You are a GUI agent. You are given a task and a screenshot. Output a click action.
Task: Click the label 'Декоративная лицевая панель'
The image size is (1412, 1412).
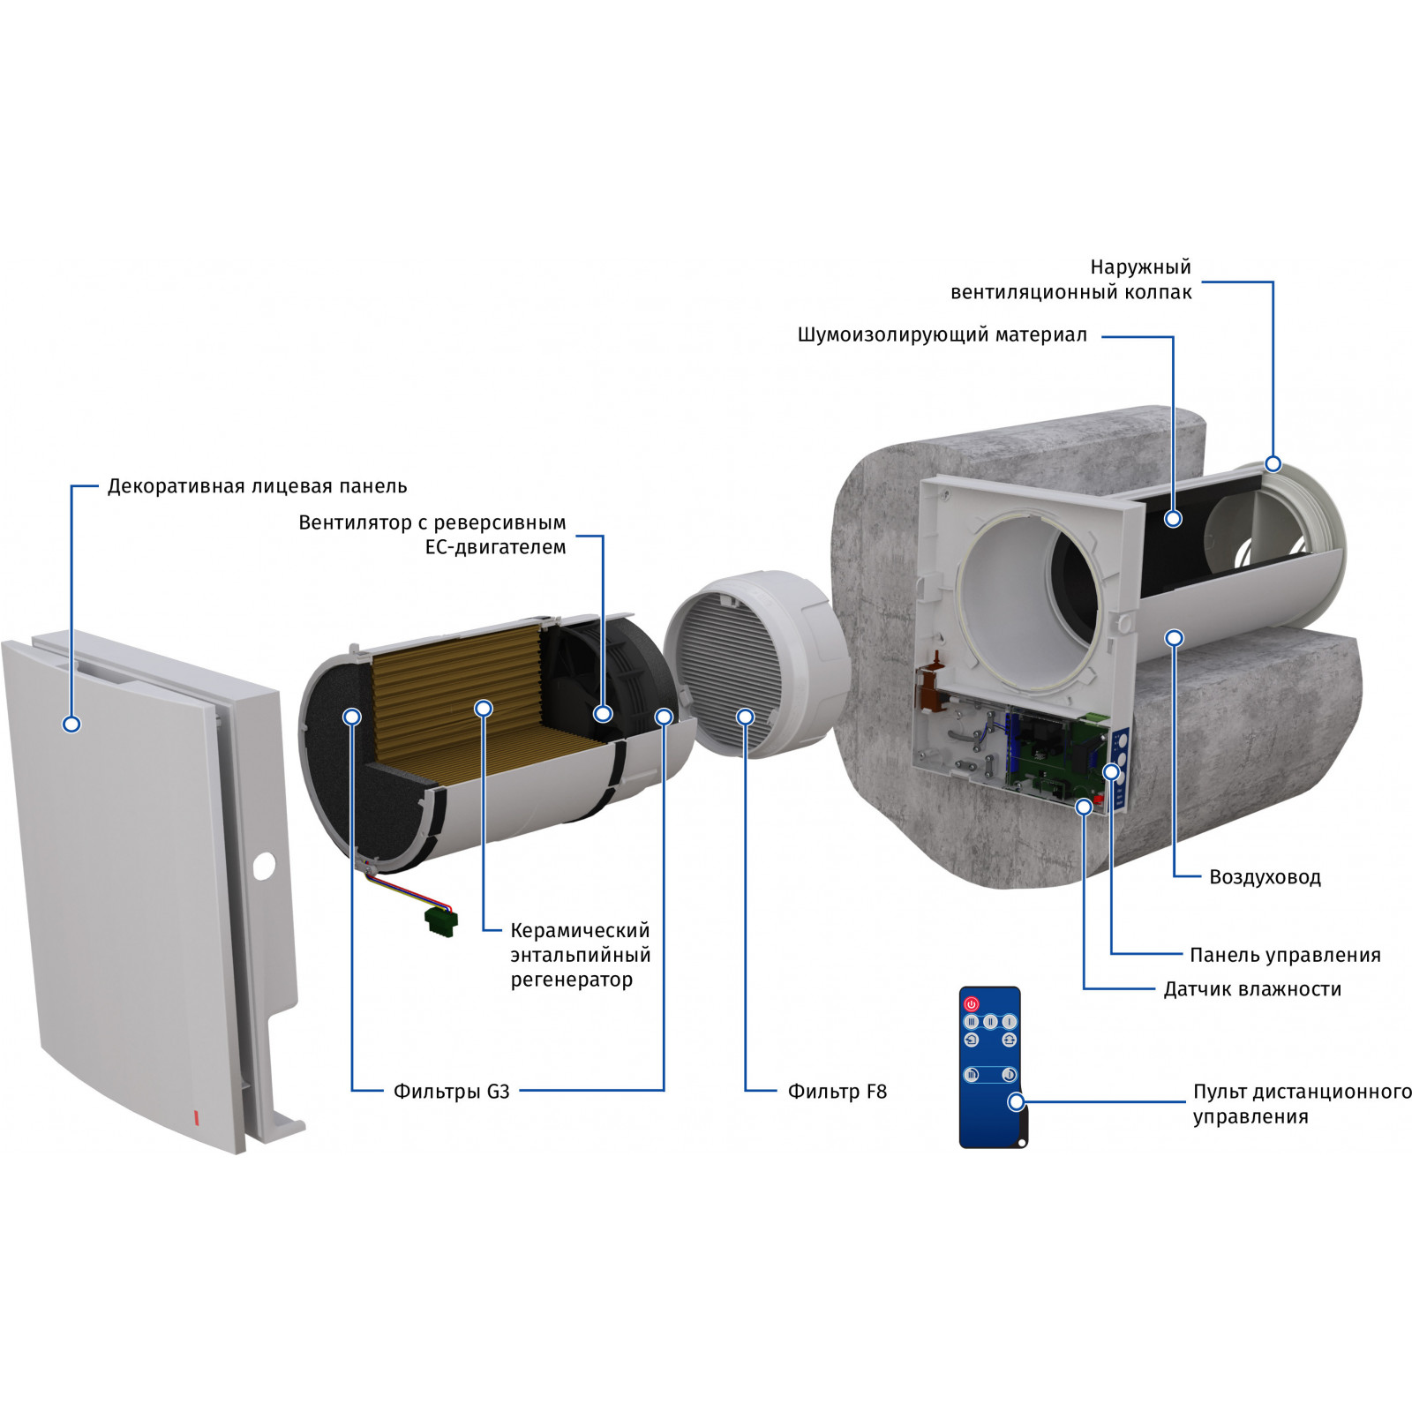coord(257,486)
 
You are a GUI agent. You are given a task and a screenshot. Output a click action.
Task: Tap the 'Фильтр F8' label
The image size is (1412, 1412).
coord(837,1092)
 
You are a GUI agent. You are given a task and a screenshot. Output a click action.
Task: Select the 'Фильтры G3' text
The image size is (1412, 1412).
coord(451,1092)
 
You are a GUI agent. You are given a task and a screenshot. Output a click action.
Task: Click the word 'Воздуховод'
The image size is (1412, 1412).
coord(1265,877)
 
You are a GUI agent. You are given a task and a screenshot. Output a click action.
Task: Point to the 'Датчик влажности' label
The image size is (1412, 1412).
coord(1252,989)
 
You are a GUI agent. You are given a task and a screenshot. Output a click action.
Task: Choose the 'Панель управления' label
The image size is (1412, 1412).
coord(1285,955)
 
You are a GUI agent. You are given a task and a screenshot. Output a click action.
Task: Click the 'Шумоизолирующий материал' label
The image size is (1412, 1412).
coord(943,335)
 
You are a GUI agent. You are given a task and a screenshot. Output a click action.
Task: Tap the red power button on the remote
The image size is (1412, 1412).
coord(972,1004)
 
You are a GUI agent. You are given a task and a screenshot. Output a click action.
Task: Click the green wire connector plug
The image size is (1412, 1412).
coord(441,921)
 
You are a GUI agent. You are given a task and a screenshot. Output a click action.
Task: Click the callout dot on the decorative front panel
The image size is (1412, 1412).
coord(71,724)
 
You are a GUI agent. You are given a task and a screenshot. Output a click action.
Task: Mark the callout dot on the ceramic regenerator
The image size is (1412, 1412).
coord(483,708)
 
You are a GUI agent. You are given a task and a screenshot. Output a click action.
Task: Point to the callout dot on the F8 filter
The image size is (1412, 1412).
coord(746,717)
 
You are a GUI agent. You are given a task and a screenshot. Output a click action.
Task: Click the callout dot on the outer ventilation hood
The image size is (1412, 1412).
coord(1273,463)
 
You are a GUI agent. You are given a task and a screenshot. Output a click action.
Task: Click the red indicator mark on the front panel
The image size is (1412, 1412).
coord(196,1117)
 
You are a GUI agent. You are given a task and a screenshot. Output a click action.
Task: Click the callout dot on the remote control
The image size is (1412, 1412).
coord(1017,1102)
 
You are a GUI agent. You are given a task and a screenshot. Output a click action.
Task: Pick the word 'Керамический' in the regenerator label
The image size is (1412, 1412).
coord(580,930)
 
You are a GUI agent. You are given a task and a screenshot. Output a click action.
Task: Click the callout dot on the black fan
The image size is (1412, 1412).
coord(603,713)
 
